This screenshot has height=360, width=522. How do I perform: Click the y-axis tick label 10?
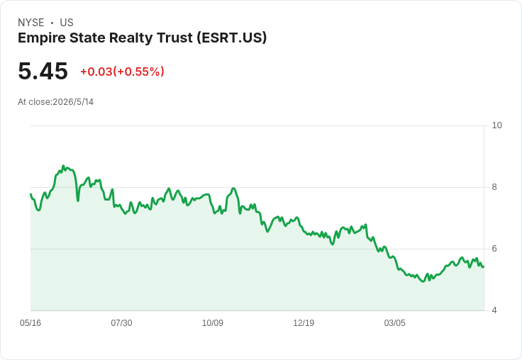coord(496,125)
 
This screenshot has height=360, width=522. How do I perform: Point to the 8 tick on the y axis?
coord(494,187)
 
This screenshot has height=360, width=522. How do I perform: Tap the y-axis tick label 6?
coord(494,249)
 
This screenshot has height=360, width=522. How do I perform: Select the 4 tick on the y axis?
coord(494,310)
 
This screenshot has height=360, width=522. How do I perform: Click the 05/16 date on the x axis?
coord(30,323)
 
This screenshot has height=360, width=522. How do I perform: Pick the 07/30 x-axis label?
coord(121,323)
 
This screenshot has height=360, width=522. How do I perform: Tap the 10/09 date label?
coord(212,323)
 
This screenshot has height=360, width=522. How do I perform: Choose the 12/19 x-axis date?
coord(304,323)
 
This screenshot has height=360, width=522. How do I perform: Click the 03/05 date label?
coord(394,323)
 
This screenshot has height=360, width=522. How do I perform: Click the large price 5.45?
coord(43,71)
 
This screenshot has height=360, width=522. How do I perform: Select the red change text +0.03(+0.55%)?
coord(122,72)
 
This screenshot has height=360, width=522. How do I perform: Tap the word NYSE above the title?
coord(31,23)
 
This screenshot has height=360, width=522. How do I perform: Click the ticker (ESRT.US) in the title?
coord(232,38)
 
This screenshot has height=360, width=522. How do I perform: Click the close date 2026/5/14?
coord(73,102)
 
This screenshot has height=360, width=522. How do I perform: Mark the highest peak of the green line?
coord(63,166)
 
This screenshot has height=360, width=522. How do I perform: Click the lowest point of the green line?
coord(423,281)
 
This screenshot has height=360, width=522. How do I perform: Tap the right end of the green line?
coord(484,266)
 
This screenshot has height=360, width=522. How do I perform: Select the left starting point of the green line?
coord(30,194)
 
